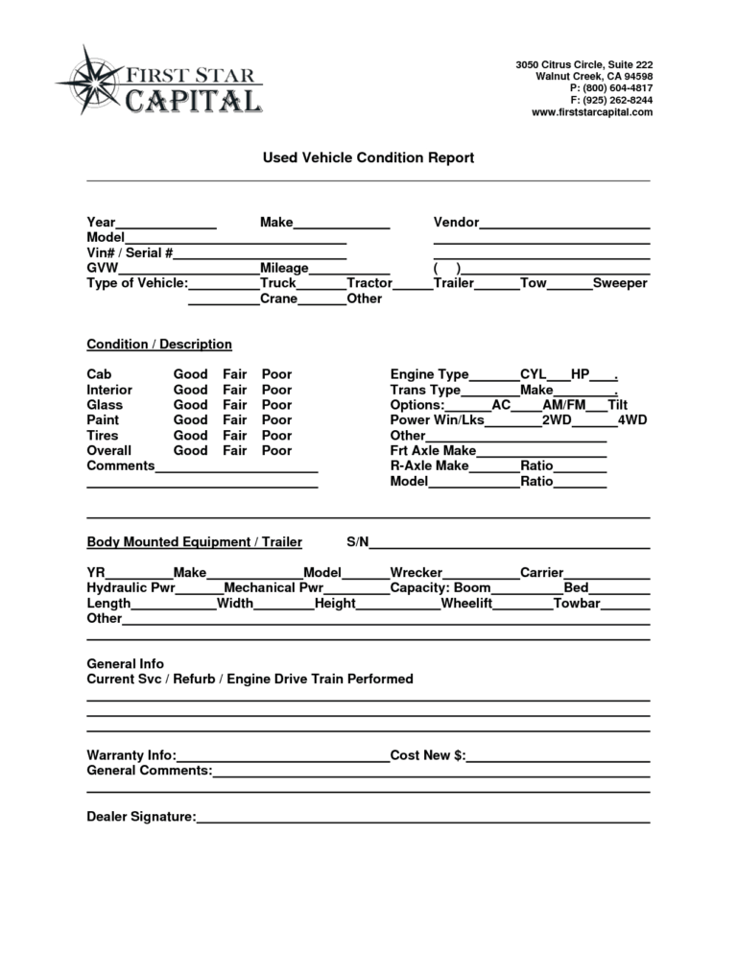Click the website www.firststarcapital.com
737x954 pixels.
tap(591, 112)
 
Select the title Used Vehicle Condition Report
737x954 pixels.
tap(368, 157)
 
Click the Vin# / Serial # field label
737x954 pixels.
tap(130, 253)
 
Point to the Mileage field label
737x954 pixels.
tap(284, 269)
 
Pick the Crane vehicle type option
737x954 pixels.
tap(278, 299)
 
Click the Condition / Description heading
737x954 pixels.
tap(159, 345)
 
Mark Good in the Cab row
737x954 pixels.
tap(190, 374)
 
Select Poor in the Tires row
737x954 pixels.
tap(276, 436)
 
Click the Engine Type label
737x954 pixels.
tap(429, 374)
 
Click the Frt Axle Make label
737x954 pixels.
tap(432, 451)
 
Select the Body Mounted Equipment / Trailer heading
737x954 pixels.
tap(194, 543)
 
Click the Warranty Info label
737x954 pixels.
tap(131, 755)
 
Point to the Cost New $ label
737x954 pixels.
tap(428, 755)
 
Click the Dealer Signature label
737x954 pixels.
tap(141, 817)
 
